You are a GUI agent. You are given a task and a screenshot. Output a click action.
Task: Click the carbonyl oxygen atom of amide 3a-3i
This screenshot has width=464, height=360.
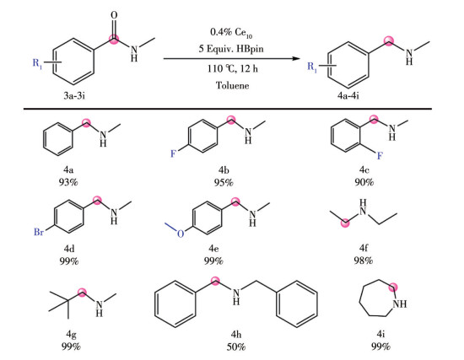114,15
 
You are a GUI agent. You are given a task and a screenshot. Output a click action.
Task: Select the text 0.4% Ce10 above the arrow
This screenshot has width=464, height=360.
231,32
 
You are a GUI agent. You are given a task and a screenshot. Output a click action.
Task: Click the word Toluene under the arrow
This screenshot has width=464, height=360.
232,85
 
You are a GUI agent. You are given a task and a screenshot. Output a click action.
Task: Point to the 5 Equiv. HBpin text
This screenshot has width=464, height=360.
231,49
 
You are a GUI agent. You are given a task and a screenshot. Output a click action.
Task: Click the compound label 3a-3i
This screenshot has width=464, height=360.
74,95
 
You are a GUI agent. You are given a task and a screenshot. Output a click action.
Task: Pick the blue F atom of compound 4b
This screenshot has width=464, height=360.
173,153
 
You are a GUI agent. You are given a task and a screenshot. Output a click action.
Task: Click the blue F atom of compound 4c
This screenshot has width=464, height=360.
380,155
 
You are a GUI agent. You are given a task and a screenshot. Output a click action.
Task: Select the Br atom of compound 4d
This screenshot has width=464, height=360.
39,232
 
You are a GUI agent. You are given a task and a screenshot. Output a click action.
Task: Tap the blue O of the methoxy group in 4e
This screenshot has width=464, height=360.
181,234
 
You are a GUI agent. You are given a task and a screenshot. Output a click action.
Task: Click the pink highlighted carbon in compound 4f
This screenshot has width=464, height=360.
345,223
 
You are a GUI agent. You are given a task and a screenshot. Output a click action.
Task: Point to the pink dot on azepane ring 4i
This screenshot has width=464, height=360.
393,287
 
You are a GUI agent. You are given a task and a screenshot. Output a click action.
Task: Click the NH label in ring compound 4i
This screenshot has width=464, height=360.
400,304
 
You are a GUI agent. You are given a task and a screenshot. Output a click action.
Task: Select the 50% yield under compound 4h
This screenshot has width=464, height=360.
236,347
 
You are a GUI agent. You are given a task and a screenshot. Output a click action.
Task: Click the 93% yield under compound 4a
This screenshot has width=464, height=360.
68,182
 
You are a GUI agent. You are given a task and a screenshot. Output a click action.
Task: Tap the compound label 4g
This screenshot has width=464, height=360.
71,335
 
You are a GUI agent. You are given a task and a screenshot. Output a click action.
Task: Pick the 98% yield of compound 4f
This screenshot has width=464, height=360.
364,261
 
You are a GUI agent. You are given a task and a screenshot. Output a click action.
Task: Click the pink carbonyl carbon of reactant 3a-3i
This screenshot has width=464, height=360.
114,39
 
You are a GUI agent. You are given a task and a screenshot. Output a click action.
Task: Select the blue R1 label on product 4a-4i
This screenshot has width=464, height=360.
312,67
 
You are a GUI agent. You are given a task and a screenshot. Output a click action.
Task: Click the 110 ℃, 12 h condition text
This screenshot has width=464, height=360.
232,68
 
